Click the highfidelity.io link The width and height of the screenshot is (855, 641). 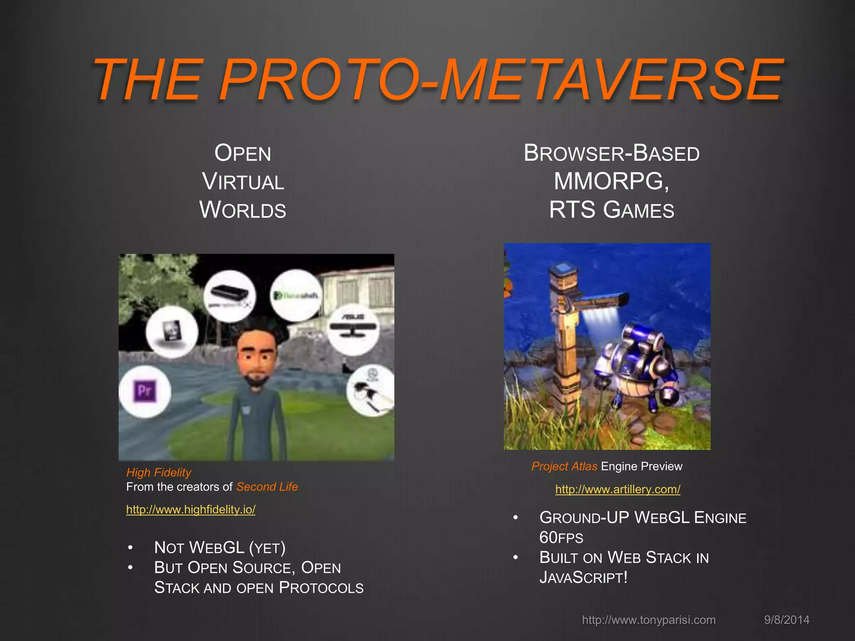click(191, 510)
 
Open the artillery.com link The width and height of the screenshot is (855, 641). click(617, 489)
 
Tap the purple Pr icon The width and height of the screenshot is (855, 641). click(145, 391)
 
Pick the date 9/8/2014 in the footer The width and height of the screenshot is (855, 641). click(787, 620)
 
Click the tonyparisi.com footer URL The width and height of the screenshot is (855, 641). click(649, 620)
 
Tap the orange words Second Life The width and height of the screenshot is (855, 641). click(267, 487)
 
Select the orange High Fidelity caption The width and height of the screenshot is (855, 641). click(159, 472)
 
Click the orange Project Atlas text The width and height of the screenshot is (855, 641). click(564, 466)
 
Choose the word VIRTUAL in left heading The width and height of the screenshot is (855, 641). click(243, 182)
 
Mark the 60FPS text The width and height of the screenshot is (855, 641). click(561, 538)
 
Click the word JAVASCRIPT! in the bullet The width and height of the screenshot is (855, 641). click(583, 578)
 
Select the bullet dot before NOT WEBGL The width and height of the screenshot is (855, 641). click(131, 548)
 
